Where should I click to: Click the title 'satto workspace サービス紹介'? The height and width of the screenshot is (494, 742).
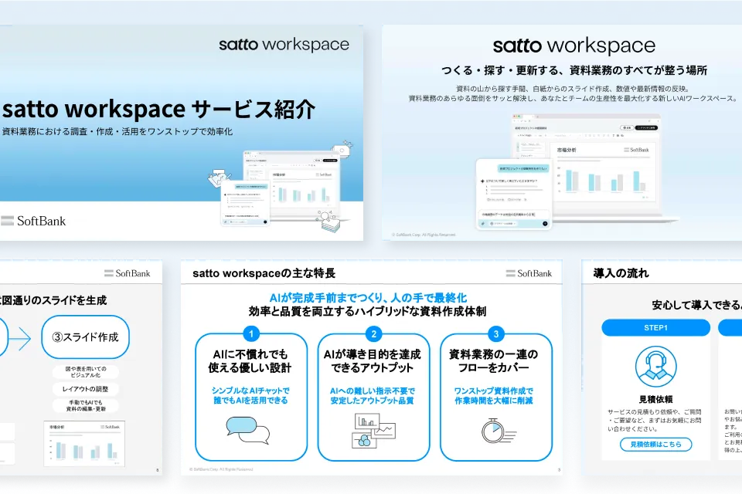coord(158,109)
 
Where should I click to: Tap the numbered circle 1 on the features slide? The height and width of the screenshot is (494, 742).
coord(250,333)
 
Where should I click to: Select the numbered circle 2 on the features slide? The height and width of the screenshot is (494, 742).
coord(373,333)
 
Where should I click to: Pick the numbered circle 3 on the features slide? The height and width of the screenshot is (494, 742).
coord(495,333)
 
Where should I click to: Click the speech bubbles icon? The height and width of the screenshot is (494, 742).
coord(248,430)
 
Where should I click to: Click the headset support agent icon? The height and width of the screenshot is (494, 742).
coord(655,367)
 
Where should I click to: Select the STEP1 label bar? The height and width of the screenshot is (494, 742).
coord(655,327)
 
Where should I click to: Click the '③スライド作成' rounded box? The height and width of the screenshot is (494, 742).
coord(86,337)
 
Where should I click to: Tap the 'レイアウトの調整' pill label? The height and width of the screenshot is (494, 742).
coord(86,388)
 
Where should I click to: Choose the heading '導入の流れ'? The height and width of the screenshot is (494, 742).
coord(621,273)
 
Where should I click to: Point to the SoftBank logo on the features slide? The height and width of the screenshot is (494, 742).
coord(529,273)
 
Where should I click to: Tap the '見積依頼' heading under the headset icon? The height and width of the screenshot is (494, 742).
coord(655,400)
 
